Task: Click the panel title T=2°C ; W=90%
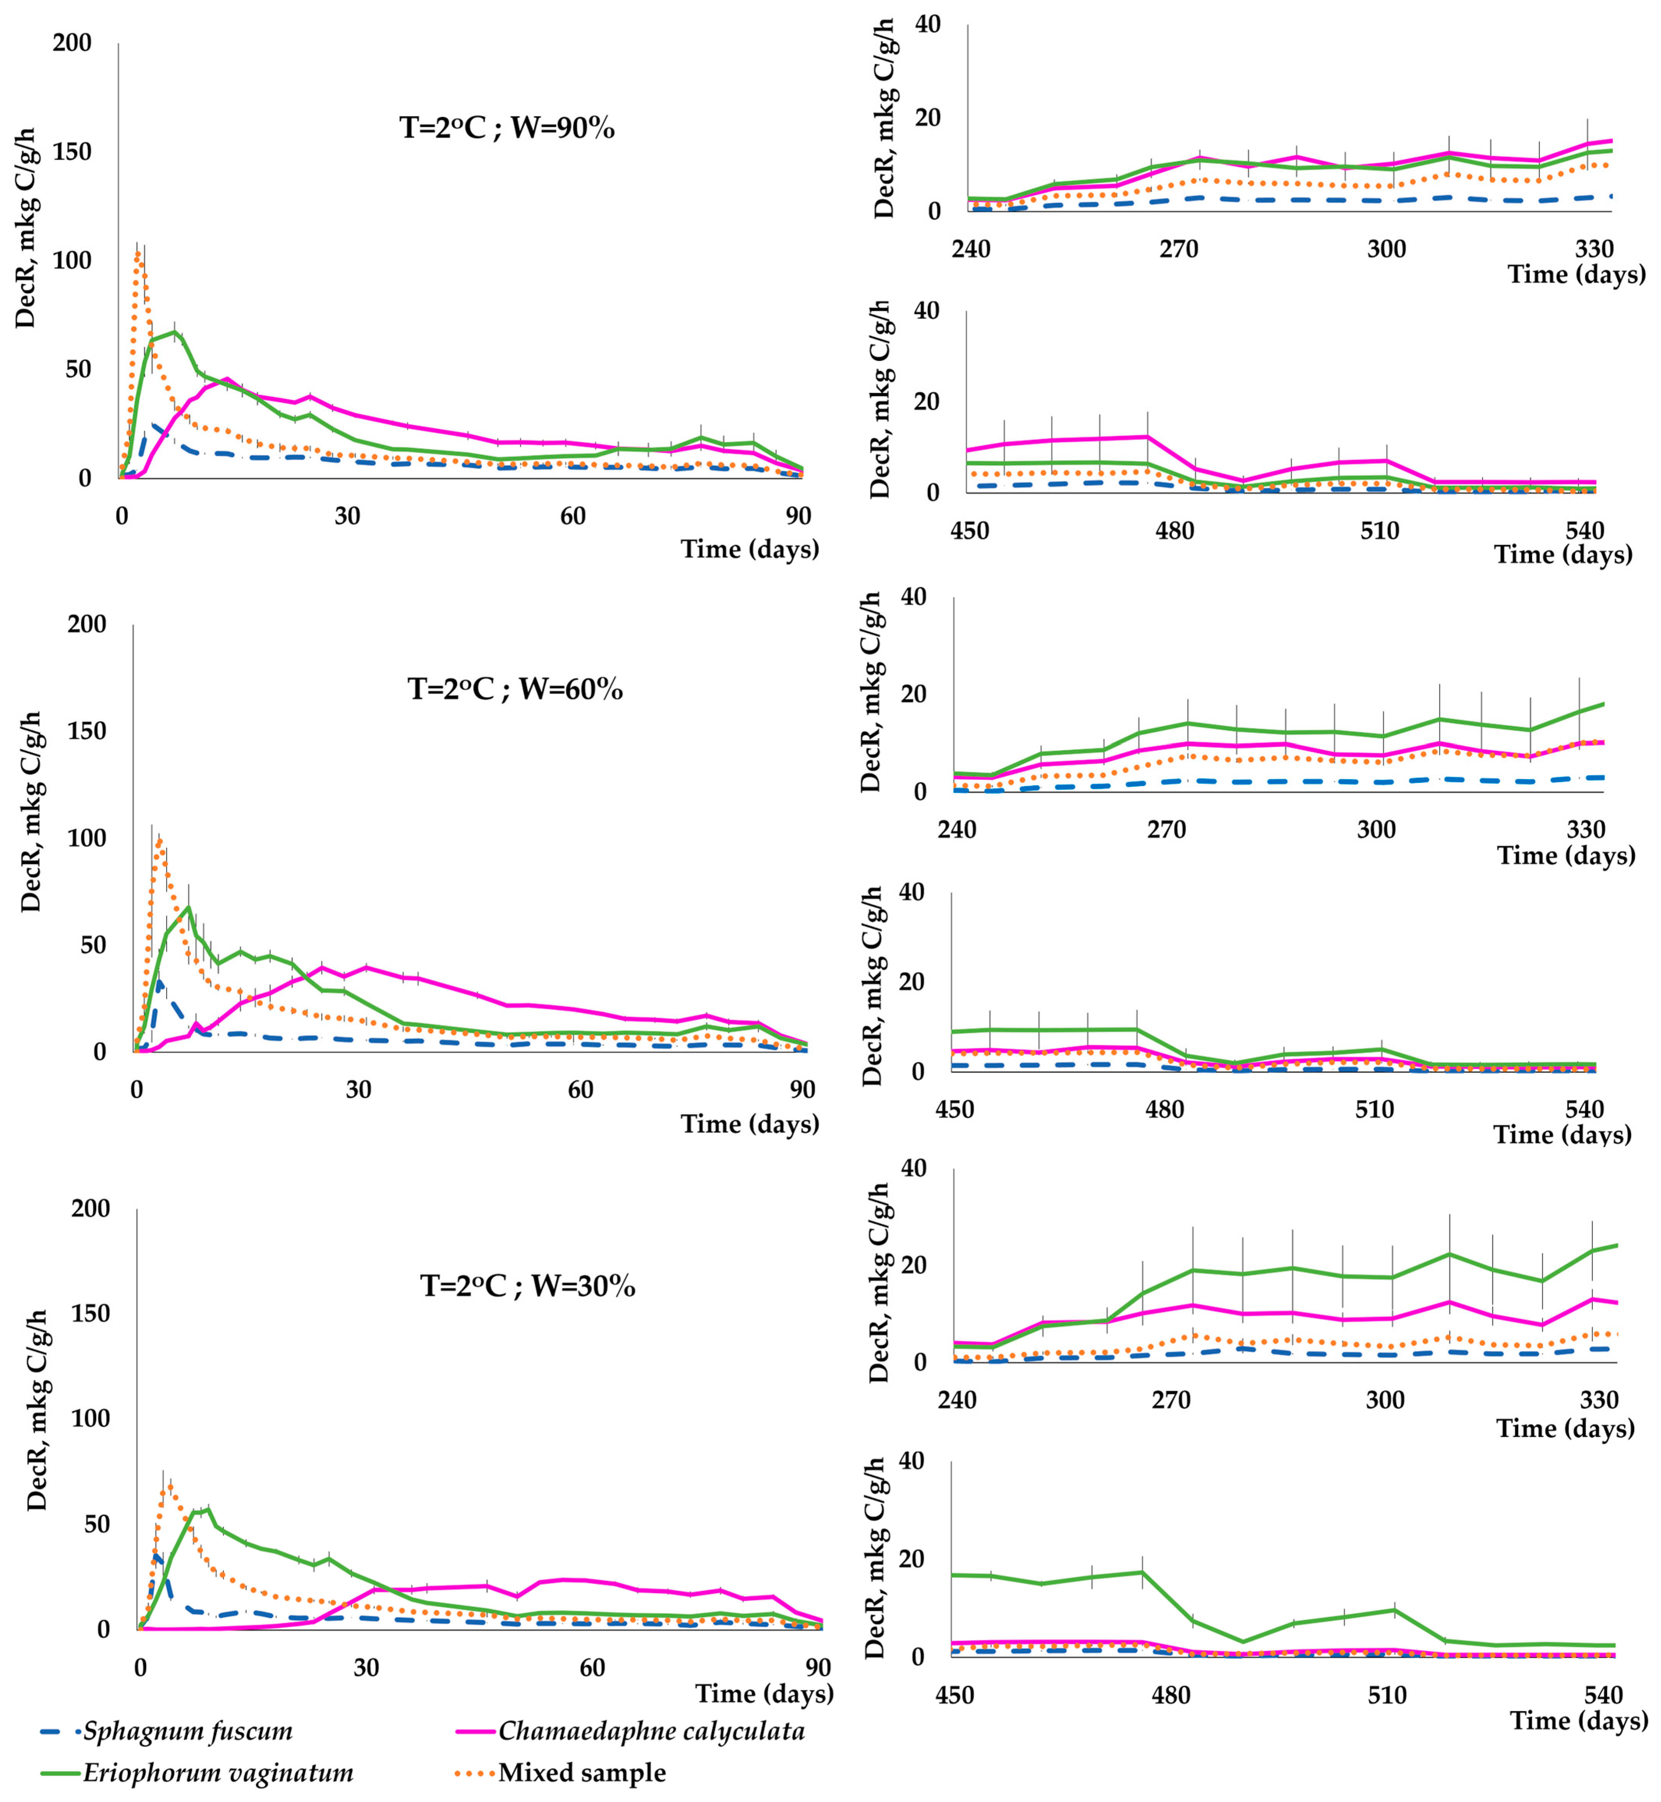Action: (507, 128)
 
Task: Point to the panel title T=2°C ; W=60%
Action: (515, 689)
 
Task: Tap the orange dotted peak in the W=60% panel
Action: (159, 840)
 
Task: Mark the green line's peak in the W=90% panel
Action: (175, 332)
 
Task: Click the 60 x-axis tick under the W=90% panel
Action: (573, 516)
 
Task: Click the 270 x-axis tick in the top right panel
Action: (1178, 249)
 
